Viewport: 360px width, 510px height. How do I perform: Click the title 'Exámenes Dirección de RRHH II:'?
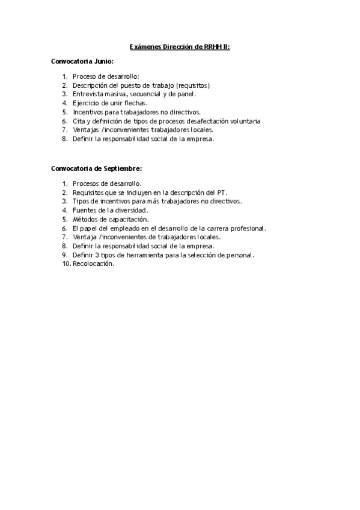click(179, 46)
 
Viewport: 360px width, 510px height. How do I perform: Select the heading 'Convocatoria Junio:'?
click(82, 62)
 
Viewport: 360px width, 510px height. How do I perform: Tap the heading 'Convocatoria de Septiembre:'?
click(96, 169)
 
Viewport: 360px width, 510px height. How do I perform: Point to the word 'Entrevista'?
click(88, 94)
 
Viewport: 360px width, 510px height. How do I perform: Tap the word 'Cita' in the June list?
click(79, 121)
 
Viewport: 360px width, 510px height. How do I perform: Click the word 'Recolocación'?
click(93, 264)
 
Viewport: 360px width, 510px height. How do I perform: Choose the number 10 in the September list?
click(66, 264)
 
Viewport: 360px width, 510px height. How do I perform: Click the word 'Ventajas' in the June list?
click(87, 130)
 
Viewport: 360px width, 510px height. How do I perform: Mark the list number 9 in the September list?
click(64, 255)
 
